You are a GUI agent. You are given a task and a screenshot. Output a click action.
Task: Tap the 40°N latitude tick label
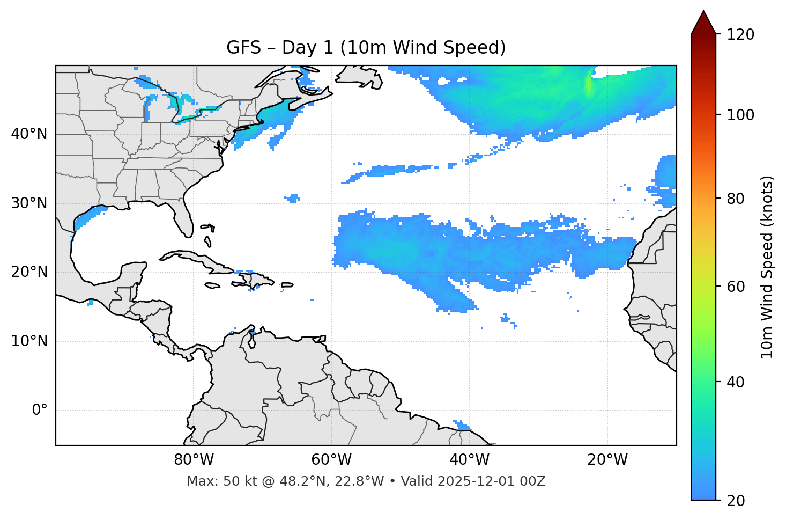pyautogui.click(x=29, y=134)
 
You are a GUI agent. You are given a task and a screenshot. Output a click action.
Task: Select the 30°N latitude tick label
pyautogui.click(x=29, y=203)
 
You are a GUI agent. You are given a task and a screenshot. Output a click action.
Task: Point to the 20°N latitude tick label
pyautogui.click(x=29, y=272)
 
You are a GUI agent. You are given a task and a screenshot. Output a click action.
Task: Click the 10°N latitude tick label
pyautogui.click(x=29, y=341)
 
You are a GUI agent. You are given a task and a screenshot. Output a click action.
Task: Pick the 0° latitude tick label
pyautogui.click(x=40, y=411)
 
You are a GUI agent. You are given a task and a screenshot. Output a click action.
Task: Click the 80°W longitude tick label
pyautogui.click(x=194, y=460)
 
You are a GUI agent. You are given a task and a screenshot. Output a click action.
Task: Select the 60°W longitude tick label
pyautogui.click(x=331, y=460)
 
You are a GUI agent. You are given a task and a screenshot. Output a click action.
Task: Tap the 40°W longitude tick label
pyautogui.click(x=469, y=460)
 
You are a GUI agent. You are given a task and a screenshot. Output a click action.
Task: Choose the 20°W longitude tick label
pyautogui.click(x=607, y=460)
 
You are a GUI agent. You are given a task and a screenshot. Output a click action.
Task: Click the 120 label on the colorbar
pyautogui.click(x=740, y=35)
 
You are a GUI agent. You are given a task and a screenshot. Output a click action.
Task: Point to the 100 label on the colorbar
pyautogui.click(x=740, y=115)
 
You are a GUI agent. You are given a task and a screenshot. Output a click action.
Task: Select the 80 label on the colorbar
pyautogui.click(x=735, y=199)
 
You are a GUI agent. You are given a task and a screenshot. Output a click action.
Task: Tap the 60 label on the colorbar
pyautogui.click(x=735, y=287)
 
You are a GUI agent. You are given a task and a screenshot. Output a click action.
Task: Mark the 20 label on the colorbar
pyautogui.click(x=735, y=501)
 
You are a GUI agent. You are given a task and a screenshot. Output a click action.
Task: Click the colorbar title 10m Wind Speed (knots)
pyautogui.click(x=767, y=267)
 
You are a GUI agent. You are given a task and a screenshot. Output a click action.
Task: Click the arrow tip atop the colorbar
pyautogui.click(x=703, y=12)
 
